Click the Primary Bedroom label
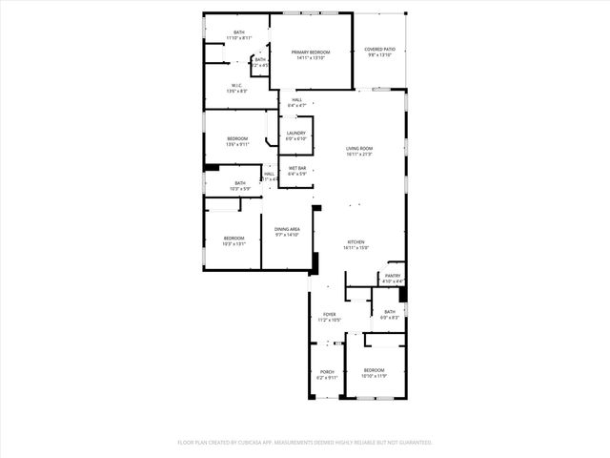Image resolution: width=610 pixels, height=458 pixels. [x=311, y=52]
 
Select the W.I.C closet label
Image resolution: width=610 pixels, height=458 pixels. [x=235, y=85]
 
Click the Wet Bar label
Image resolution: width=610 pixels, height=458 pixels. [x=297, y=169]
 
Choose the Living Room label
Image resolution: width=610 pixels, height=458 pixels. [x=358, y=148]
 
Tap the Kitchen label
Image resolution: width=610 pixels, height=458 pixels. [x=356, y=243]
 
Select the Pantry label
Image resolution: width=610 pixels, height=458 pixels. [x=393, y=276]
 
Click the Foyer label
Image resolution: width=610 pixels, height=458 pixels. [x=330, y=314]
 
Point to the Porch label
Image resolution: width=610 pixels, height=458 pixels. [x=327, y=372]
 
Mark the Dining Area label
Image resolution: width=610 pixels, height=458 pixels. [x=288, y=229]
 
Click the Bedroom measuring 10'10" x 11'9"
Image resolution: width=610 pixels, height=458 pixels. [x=374, y=370]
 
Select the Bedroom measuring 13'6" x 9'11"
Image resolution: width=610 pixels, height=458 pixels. [x=237, y=139]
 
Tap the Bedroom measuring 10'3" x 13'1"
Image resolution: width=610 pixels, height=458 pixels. [x=234, y=238]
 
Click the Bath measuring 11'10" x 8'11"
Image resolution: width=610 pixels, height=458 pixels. [x=239, y=32]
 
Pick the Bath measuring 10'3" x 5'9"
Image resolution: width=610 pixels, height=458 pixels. [x=240, y=182]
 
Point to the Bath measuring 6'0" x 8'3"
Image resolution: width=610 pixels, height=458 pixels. [x=390, y=311]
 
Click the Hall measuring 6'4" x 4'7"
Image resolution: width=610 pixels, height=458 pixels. [x=297, y=100]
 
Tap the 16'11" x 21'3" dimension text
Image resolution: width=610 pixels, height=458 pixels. [x=358, y=154]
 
